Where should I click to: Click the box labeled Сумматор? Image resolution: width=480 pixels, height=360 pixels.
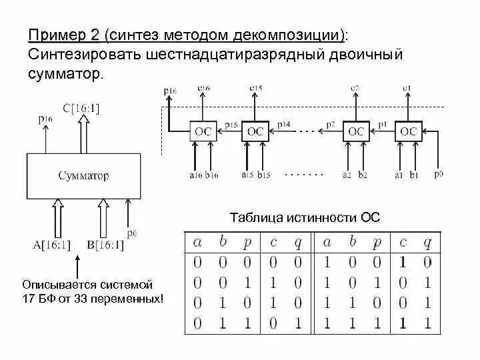click(83, 176)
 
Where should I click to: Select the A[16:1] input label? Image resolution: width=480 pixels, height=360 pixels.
click(52, 245)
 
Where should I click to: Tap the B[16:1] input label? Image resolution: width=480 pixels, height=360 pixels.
click(105, 245)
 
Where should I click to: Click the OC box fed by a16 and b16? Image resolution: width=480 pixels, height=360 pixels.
click(203, 131)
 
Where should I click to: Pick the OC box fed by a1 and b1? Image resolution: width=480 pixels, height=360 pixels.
click(408, 131)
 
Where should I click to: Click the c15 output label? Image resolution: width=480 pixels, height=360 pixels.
click(255, 88)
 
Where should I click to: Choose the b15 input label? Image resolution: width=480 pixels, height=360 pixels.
click(264, 175)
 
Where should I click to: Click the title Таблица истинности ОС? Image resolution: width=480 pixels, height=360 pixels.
click(305, 217)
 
